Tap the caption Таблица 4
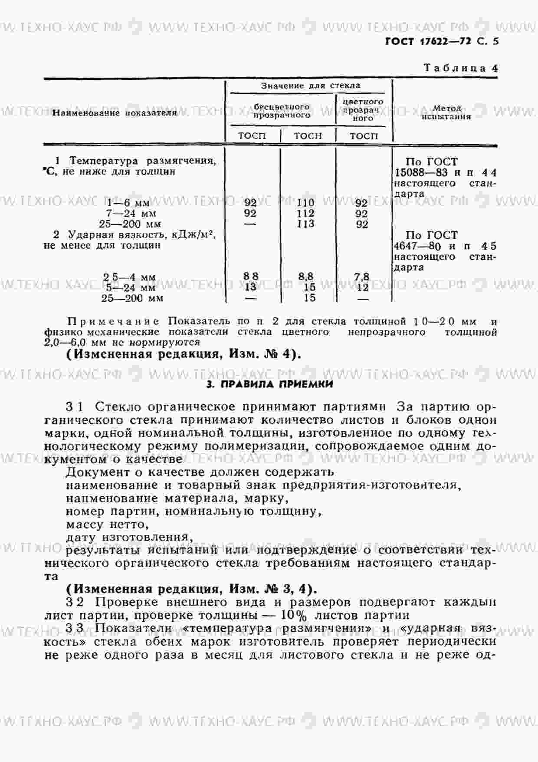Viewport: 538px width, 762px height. point(460,68)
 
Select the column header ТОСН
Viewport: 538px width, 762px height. point(308,136)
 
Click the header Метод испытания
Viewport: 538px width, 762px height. point(446,112)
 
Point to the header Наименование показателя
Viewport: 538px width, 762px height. point(115,113)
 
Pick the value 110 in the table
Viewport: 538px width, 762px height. point(305,203)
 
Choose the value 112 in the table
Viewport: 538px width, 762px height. point(305,214)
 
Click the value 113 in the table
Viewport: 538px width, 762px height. point(305,224)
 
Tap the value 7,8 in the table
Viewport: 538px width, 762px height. point(361,277)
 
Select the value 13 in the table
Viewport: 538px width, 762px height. point(250,287)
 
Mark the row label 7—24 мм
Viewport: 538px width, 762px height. point(131,214)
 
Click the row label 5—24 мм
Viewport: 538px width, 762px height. point(131,287)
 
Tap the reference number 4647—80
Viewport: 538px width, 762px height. point(417,246)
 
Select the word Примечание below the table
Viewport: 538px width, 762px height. point(114,322)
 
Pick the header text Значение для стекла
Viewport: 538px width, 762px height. point(310,86)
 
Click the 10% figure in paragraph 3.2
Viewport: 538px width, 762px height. point(293,615)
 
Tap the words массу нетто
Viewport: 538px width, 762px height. point(107,524)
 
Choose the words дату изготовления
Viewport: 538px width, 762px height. point(129,538)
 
